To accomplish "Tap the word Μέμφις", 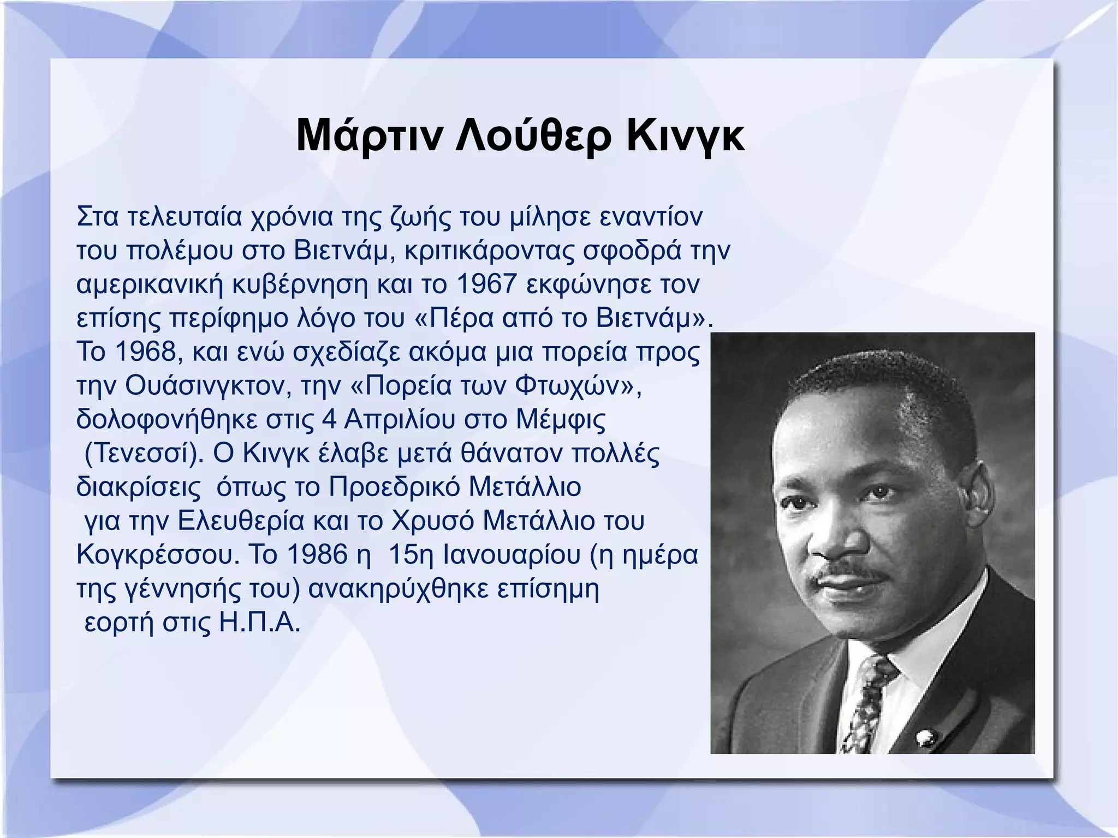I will point(561,420).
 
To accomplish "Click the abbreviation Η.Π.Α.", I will point(260,623).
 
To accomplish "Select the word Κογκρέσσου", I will point(158,555).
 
